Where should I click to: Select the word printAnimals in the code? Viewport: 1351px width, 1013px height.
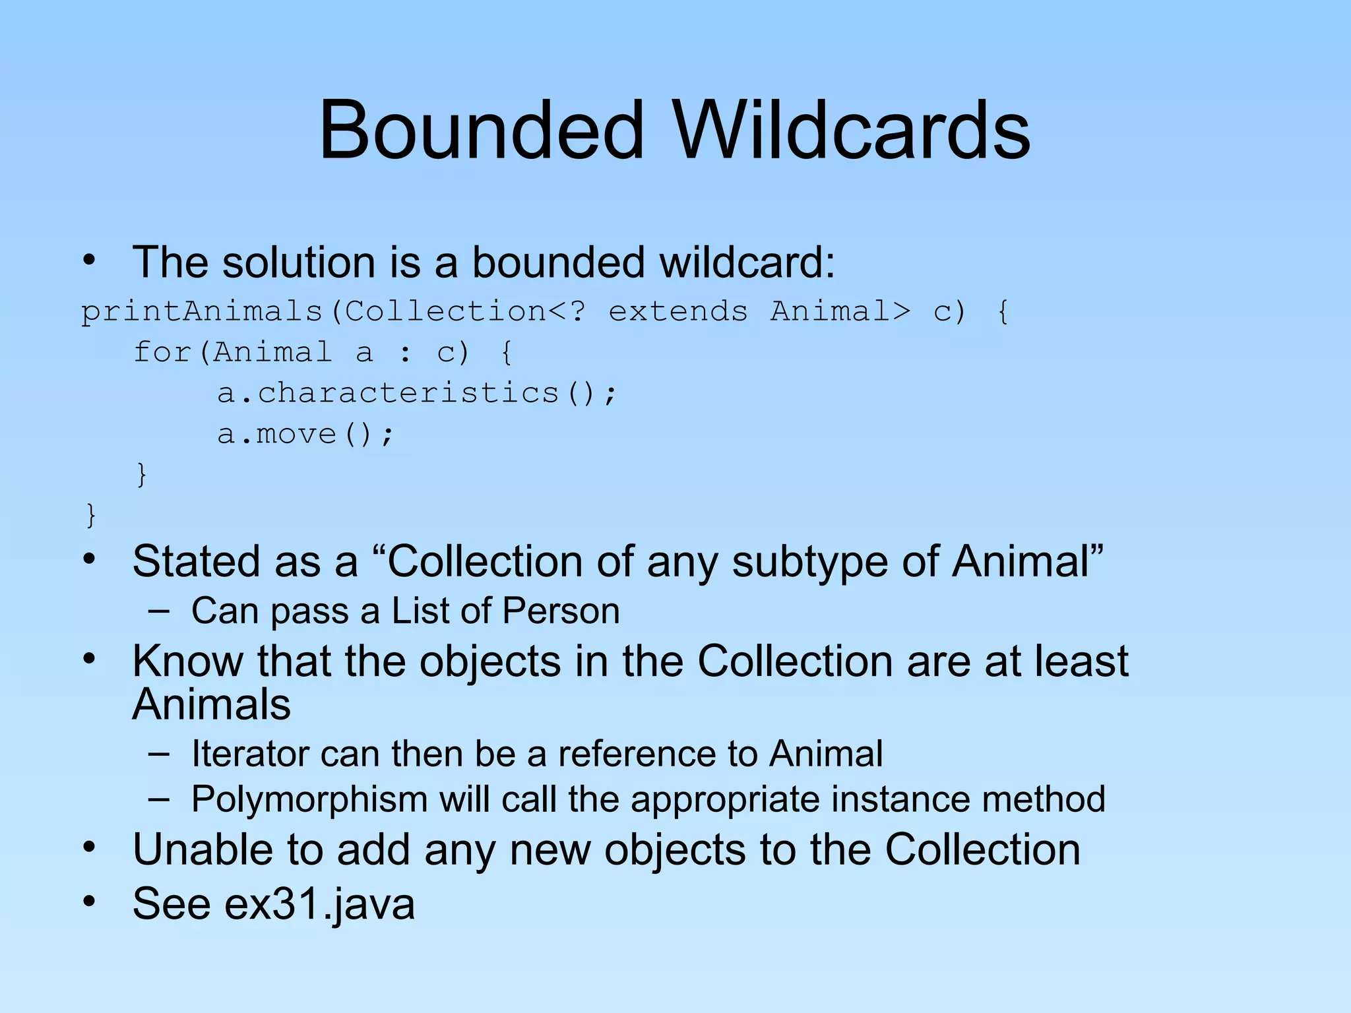[x=201, y=311]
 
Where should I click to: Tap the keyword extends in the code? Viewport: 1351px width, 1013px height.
[x=677, y=311]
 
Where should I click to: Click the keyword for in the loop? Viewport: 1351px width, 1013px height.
[x=162, y=352]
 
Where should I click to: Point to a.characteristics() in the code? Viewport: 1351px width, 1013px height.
[x=417, y=393]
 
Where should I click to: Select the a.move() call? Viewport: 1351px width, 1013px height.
[x=305, y=434]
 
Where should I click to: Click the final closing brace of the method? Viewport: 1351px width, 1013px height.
[x=91, y=515]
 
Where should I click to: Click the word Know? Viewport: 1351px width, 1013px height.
[x=187, y=661]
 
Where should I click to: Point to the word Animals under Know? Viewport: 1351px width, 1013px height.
[x=211, y=704]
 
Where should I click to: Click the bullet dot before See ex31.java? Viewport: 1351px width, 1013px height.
[x=89, y=900]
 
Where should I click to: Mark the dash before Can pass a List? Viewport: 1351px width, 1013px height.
[x=158, y=611]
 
